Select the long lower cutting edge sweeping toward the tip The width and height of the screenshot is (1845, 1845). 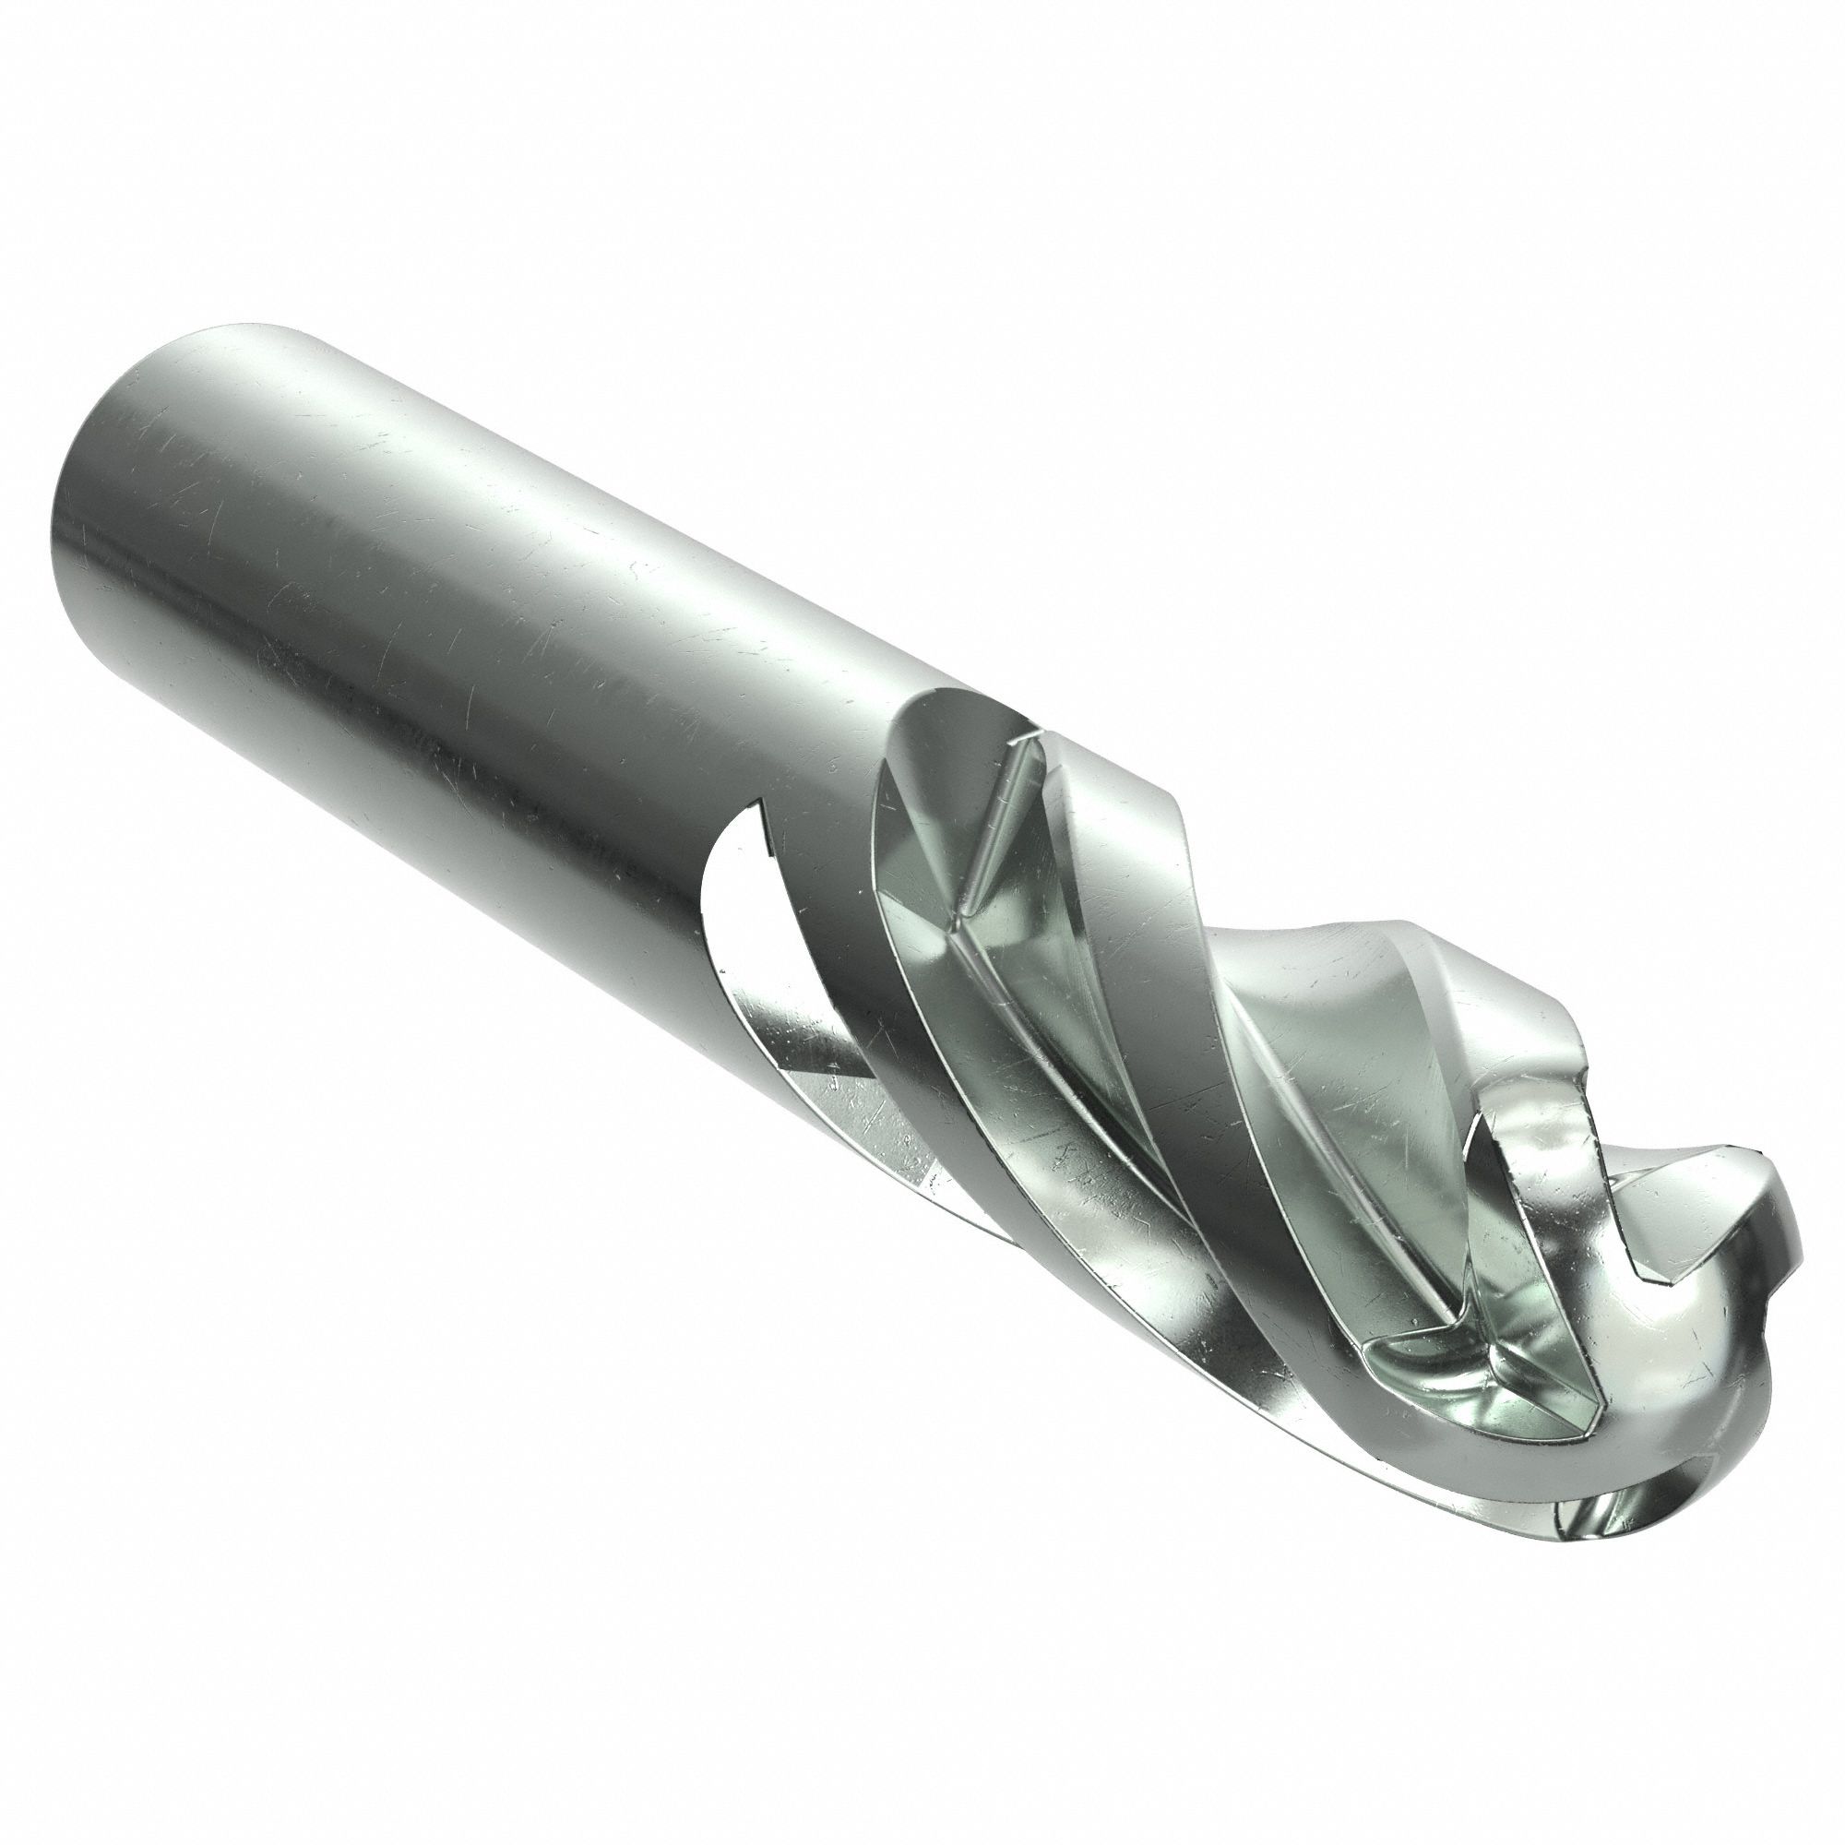pyautogui.click(x=1194, y=1337)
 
